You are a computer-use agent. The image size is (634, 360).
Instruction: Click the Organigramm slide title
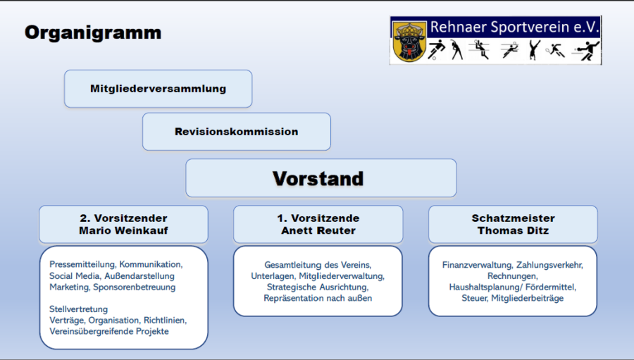click(x=92, y=32)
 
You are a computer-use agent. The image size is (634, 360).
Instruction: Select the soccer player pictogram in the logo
click(x=436, y=49)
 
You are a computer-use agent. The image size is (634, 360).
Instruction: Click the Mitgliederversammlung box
click(x=158, y=89)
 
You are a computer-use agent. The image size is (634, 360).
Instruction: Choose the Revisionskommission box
click(x=236, y=132)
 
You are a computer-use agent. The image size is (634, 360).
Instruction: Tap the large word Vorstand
click(x=318, y=178)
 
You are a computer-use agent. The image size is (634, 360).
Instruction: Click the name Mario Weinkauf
click(x=123, y=230)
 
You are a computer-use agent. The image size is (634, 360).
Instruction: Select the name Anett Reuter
click(x=318, y=230)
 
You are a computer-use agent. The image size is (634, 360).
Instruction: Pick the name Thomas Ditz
click(x=513, y=230)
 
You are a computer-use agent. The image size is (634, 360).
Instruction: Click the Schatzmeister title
click(x=513, y=218)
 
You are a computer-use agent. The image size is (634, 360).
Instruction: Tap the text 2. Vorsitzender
click(x=123, y=218)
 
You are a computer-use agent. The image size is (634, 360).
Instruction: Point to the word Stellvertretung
click(x=78, y=309)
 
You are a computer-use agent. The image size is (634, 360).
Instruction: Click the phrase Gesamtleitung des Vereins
click(x=318, y=265)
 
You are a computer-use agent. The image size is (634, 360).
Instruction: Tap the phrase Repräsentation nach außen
click(x=318, y=298)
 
